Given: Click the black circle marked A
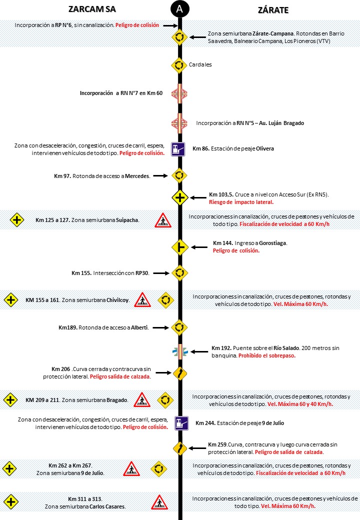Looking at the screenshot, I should coord(179,8).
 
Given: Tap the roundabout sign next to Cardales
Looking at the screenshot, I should coord(179,64).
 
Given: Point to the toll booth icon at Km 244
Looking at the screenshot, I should coord(180,423).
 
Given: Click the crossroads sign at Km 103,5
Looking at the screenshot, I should coord(180,197).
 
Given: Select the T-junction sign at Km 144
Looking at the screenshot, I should coord(179,246).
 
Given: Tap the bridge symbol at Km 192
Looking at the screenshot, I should coord(179,352).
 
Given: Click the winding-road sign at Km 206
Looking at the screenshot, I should coord(179,373).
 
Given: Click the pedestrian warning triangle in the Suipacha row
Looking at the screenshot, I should coord(162,220).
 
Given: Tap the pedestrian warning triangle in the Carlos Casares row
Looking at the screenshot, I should coord(159,501).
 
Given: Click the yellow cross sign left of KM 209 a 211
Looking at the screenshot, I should coord(10,400).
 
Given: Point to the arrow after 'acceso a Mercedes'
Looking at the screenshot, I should coord(159,175).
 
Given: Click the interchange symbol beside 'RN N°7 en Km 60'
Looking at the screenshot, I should coord(179,93).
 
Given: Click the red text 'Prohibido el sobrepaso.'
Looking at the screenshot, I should coord(266,355).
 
